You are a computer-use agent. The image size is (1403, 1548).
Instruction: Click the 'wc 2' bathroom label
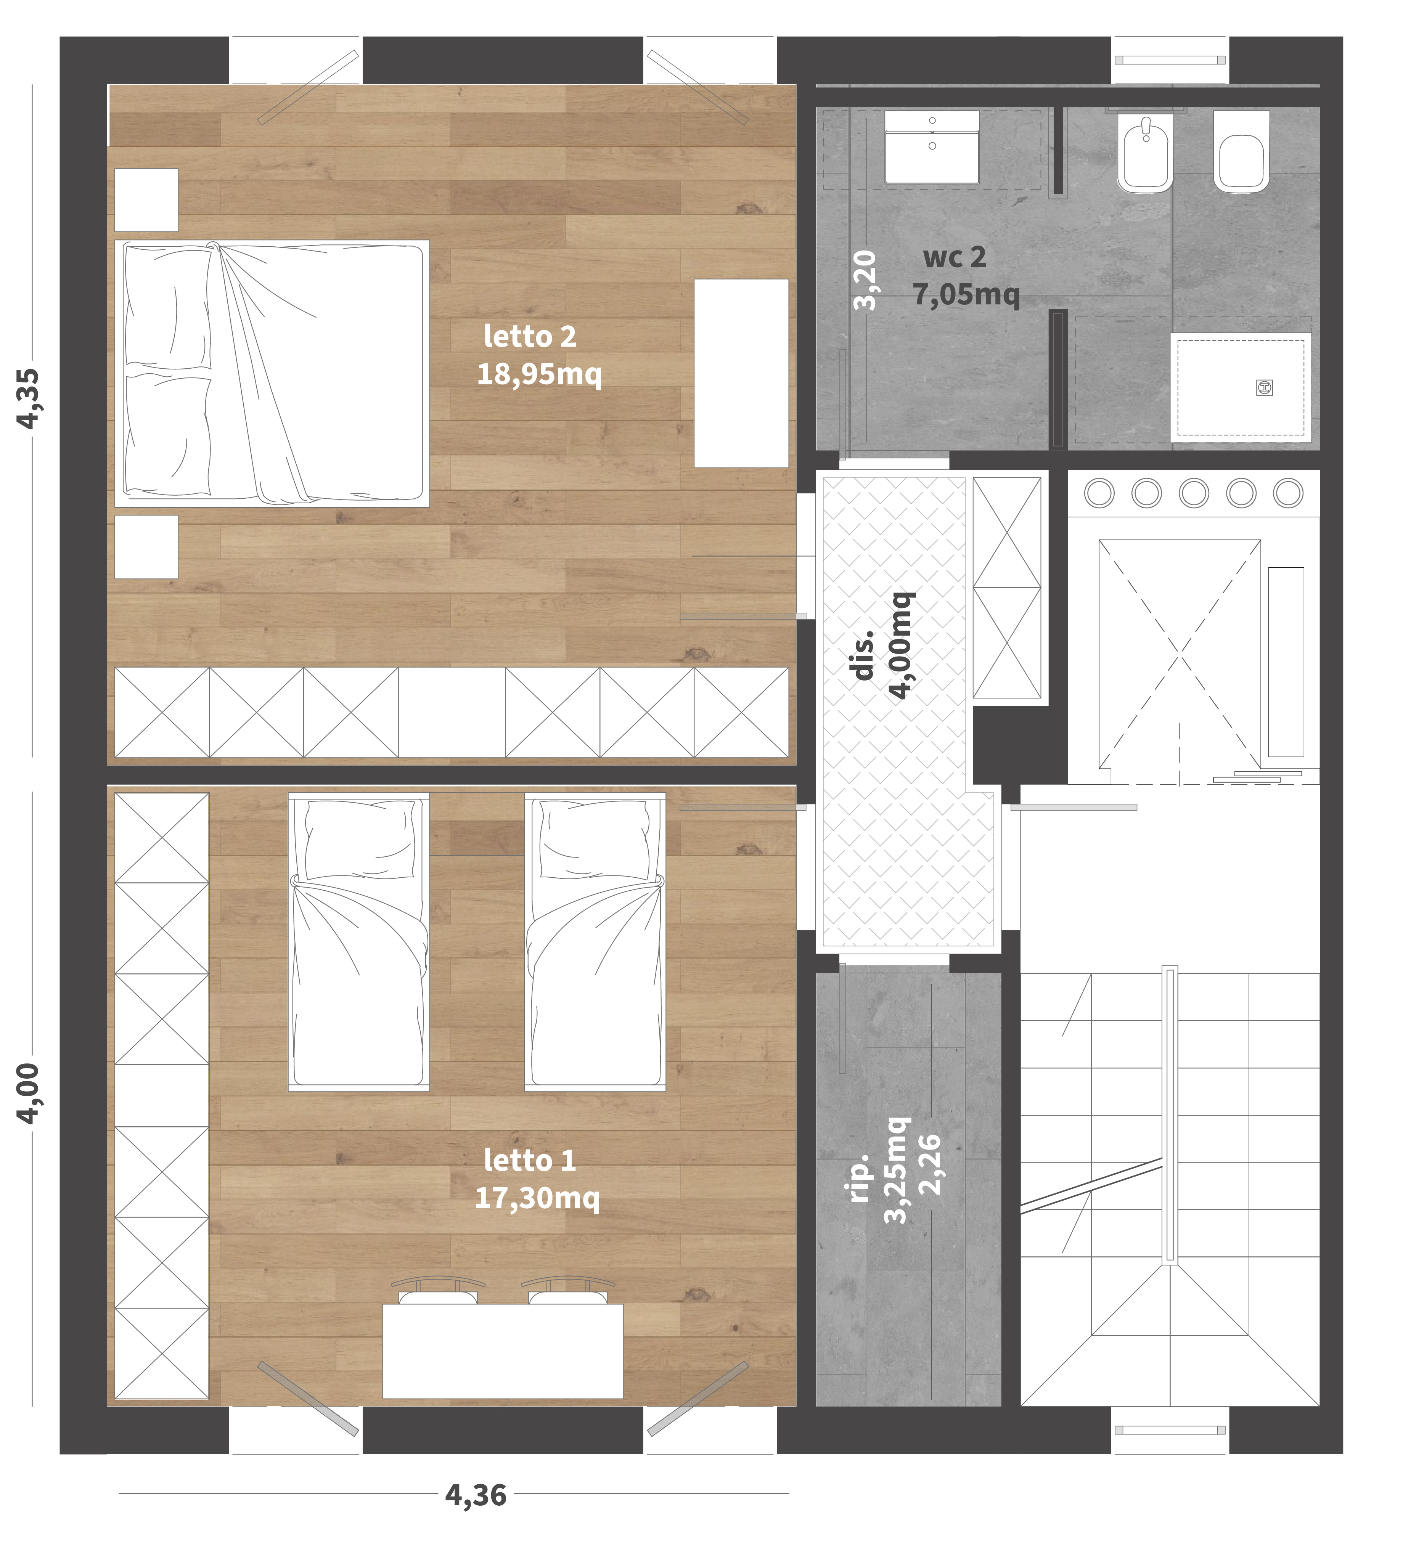pyautogui.click(x=955, y=257)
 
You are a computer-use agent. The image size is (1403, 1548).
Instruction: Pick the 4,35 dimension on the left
pyautogui.click(x=29, y=398)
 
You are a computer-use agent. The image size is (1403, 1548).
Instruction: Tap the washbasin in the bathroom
pyautogui.click(x=932, y=147)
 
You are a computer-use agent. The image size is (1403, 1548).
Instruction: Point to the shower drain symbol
pyautogui.click(x=1265, y=388)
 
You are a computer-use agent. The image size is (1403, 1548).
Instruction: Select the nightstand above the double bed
pyautogui.click(x=146, y=200)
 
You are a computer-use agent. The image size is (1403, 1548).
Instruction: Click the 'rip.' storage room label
pyautogui.click(x=859, y=1177)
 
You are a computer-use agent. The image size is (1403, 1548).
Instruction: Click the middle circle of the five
pyautogui.click(x=1193, y=493)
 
